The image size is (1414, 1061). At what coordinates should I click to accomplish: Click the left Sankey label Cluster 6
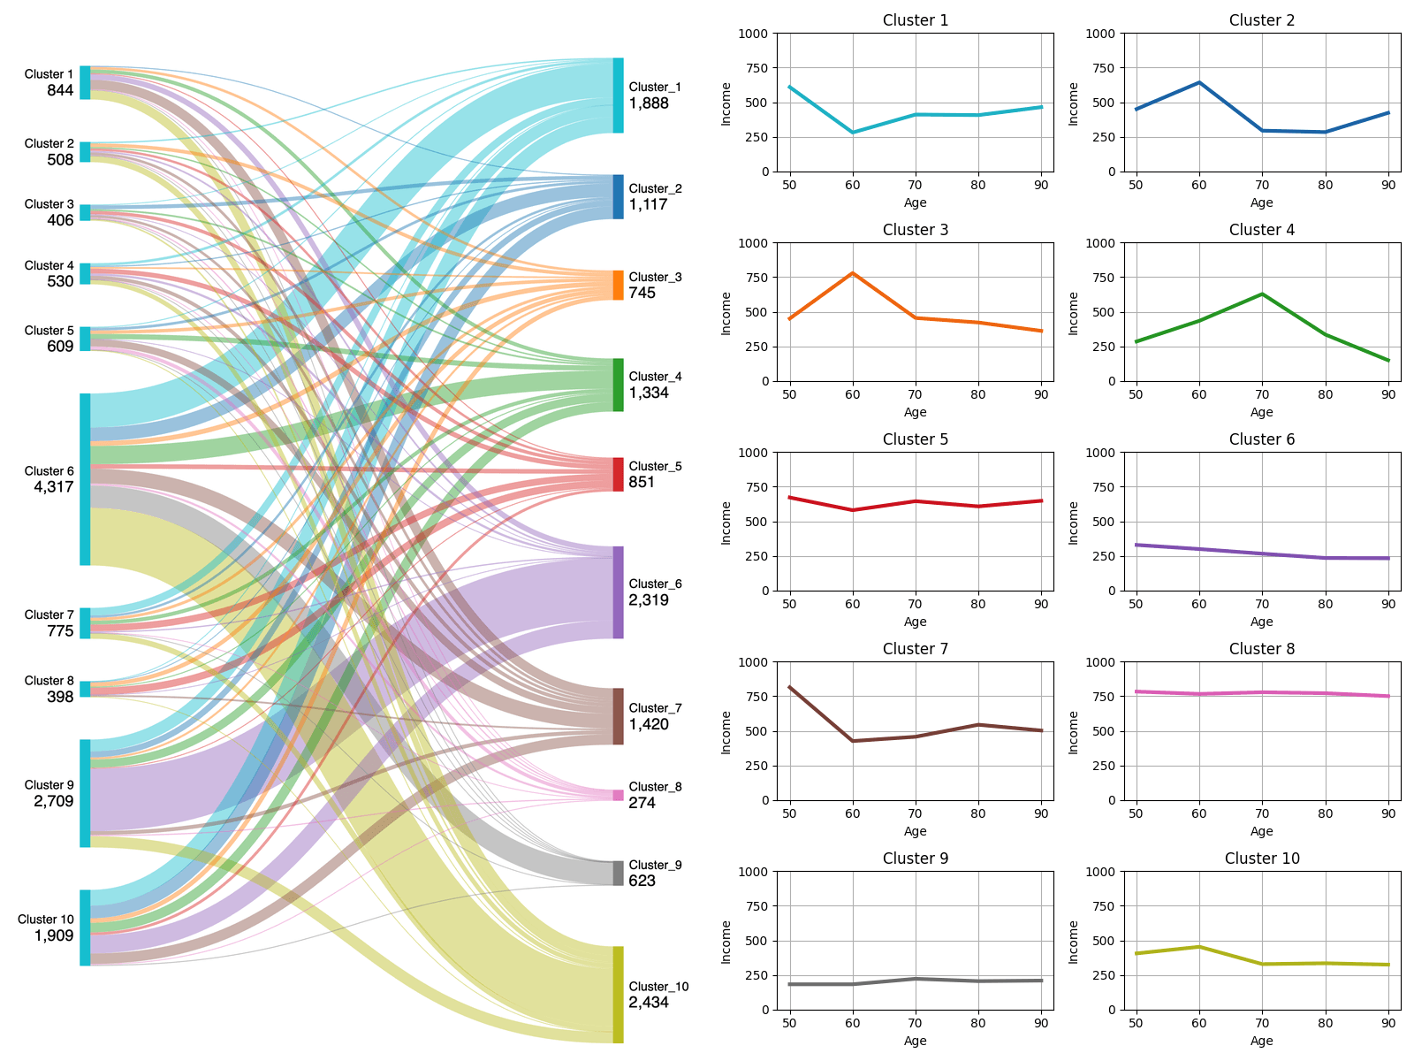point(49,471)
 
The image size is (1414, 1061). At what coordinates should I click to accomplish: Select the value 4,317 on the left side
point(53,487)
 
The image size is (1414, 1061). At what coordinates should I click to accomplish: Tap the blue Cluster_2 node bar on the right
point(618,196)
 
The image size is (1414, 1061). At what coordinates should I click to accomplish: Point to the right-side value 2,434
point(649,1003)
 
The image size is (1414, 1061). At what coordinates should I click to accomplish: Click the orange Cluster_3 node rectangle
point(618,285)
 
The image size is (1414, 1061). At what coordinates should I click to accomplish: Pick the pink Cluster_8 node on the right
point(618,795)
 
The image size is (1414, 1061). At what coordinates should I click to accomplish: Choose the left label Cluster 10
point(45,920)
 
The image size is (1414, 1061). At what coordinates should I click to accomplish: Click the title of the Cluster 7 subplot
point(915,649)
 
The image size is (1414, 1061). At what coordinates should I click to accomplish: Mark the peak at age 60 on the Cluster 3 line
point(852,273)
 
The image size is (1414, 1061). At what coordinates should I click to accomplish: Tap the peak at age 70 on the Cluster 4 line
point(1262,294)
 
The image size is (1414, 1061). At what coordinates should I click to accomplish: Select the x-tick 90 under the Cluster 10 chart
point(1388,1023)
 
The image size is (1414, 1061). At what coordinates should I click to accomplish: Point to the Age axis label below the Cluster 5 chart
point(915,622)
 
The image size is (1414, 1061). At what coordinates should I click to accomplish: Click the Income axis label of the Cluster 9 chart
point(726,941)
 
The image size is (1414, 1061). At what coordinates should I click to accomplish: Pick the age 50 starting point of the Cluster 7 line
point(789,687)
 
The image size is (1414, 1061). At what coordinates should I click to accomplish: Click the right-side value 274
point(642,803)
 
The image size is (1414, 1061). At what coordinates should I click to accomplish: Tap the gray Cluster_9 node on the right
point(618,873)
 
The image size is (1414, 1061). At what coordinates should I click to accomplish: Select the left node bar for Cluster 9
point(85,793)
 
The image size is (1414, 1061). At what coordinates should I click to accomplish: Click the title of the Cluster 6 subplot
point(1261,439)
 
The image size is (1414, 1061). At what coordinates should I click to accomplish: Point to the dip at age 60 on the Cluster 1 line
point(852,133)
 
